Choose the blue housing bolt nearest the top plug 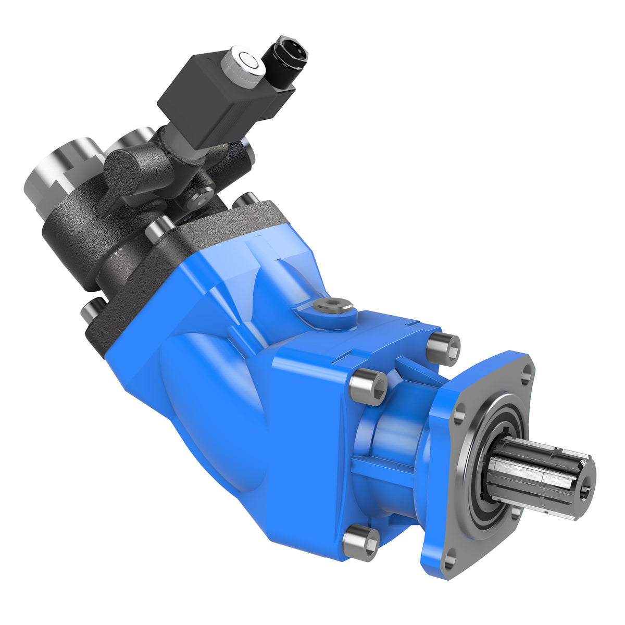443,348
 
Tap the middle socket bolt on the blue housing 369,387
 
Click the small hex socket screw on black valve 201,198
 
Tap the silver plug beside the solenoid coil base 248,149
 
